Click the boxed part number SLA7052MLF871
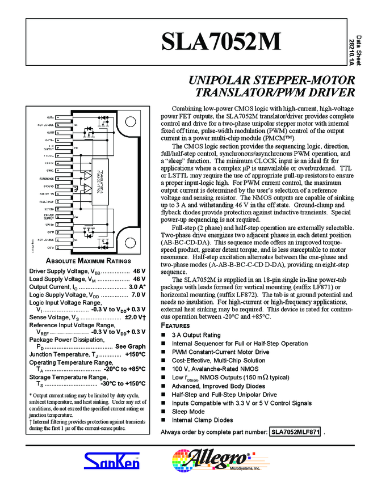coord(295,433)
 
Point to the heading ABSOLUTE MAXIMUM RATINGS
coord(88,261)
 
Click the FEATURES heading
coord(176,325)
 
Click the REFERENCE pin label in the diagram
coord(46,178)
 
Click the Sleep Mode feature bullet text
coord(188,412)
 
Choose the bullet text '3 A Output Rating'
coord(196,335)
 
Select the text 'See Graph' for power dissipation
coord(130,346)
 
